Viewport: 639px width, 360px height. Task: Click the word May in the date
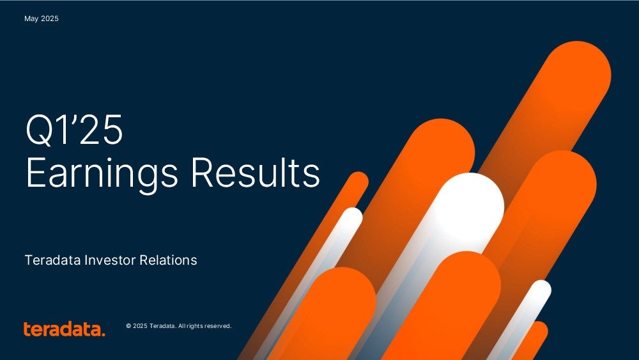[31, 19]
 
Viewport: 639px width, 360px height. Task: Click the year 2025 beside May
[50, 19]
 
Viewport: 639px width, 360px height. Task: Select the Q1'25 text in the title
[73, 130]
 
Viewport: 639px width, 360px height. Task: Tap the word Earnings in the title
[102, 173]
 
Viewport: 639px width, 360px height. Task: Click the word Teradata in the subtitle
[53, 260]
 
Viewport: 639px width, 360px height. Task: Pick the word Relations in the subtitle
[168, 260]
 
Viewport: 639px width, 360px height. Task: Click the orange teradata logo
[64, 329]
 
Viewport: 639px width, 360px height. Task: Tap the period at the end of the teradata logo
[103, 334]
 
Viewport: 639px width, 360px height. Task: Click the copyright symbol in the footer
[128, 326]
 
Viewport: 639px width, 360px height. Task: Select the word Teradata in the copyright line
[162, 326]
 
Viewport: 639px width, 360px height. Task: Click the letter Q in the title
[39, 130]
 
